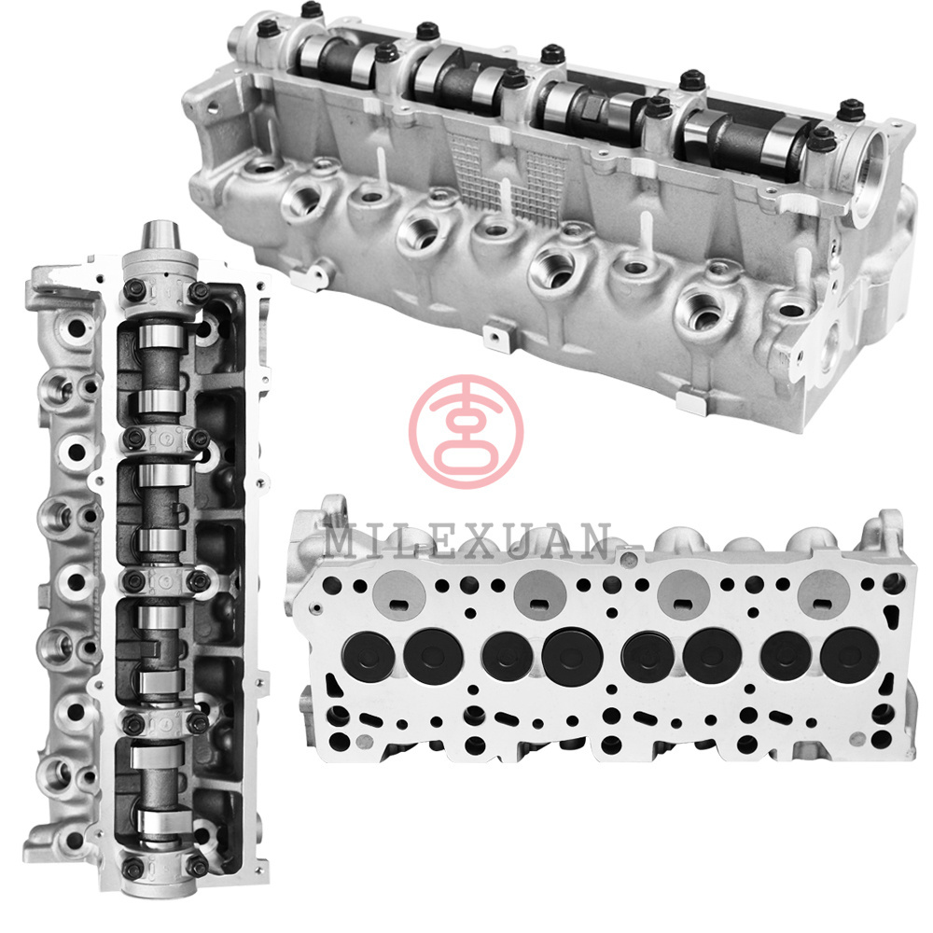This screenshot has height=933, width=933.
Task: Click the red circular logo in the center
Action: coord(466,431)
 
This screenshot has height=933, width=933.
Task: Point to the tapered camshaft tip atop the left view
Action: coord(160,236)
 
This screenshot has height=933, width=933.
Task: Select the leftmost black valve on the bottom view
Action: coord(369,656)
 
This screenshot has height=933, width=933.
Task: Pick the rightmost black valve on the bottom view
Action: coord(849,655)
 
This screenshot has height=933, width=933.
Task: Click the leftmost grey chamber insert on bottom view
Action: coord(398,596)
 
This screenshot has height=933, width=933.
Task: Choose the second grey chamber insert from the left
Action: coord(540,595)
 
